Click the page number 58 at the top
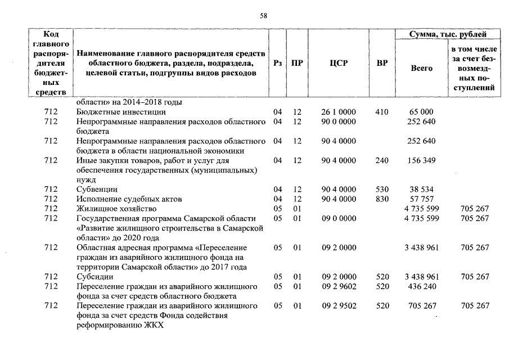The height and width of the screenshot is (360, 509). [263, 16]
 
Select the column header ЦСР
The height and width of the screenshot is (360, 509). [339, 63]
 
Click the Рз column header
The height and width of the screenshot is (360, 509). [277, 63]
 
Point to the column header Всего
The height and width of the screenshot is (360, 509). [422, 68]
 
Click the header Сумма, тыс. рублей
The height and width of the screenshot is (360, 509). [448, 35]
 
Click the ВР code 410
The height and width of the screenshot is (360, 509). [382, 112]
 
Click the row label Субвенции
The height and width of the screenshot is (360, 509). [97, 190]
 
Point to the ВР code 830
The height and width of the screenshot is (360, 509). [382, 199]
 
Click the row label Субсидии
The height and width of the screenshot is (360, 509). [94, 277]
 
